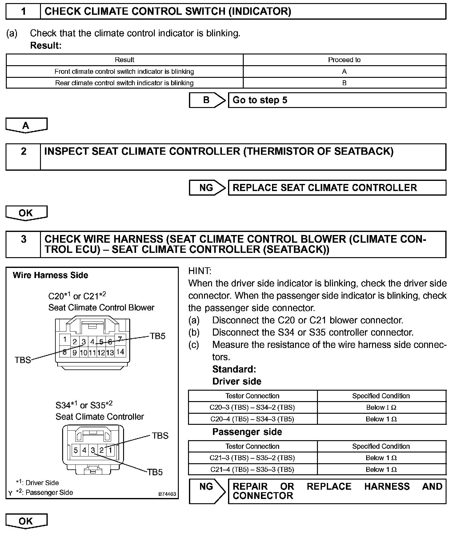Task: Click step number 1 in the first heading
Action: point(23,12)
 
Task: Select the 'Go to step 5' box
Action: point(337,100)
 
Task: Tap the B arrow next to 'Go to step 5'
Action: point(207,100)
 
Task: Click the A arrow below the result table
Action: point(26,125)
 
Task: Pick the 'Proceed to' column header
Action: point(344,60)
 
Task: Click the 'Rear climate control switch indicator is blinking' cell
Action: point(124,83)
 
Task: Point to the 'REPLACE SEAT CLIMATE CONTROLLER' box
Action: point(337,188)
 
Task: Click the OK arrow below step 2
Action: point(26,213)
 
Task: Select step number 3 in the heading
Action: point(23,239)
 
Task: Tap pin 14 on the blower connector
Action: point(120,351)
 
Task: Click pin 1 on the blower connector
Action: point(65,340)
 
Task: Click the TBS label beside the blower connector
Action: point(23,360)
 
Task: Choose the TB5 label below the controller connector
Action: point(154,472)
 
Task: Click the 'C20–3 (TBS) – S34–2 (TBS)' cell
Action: point(252,408)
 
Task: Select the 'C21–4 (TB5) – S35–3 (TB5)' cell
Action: point(252,469)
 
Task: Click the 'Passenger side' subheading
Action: point(247,432)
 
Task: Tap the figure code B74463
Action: point(167,494)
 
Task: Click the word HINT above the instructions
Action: point(200,271)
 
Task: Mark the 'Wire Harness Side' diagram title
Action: point(50,275)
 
